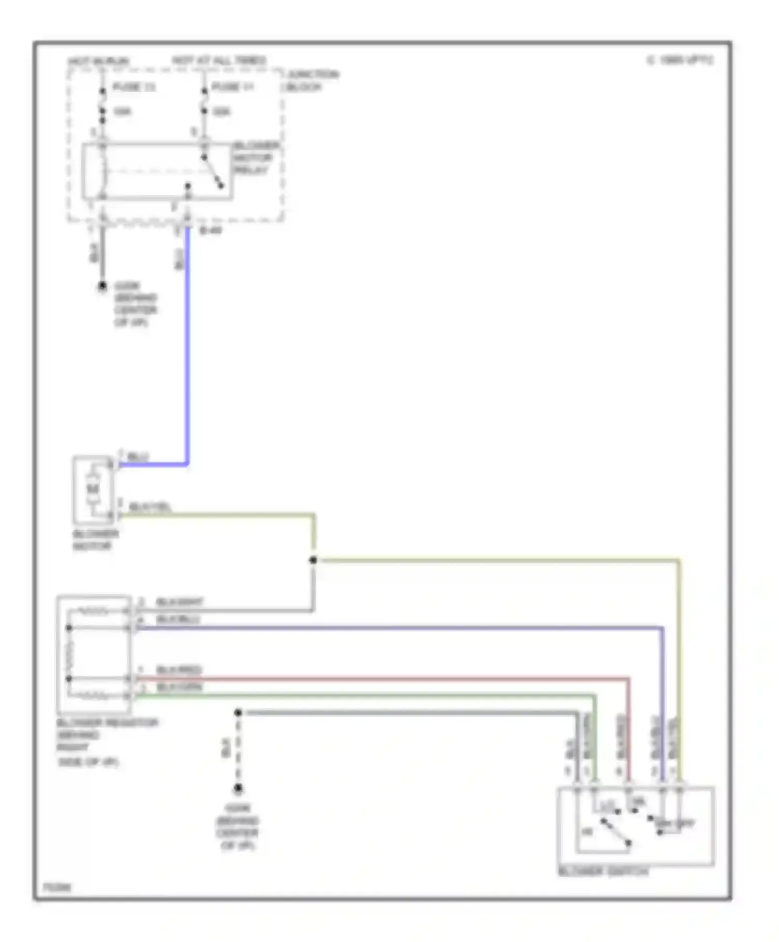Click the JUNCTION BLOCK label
tap(311, 81)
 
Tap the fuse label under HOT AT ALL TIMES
tap(232, 87)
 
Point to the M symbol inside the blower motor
tap(93, 489)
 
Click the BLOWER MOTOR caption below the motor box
tap(95, 540)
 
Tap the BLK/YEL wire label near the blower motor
tap(150, 506)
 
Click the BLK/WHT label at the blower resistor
tap(179, 602)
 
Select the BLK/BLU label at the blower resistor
tap(178, 620)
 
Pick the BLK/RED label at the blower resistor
tap(179, 670)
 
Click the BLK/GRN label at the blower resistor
tap(179, 687)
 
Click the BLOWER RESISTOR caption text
tap(106, 723)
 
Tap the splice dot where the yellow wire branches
tap(313, 560)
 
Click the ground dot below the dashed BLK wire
tap(238, 788)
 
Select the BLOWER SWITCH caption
tap(603, 872)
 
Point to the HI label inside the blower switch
tap(587, 832)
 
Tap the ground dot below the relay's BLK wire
tap(102, 286)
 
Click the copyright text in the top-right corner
tap(680, 60)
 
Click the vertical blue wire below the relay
tap(187, 353)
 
